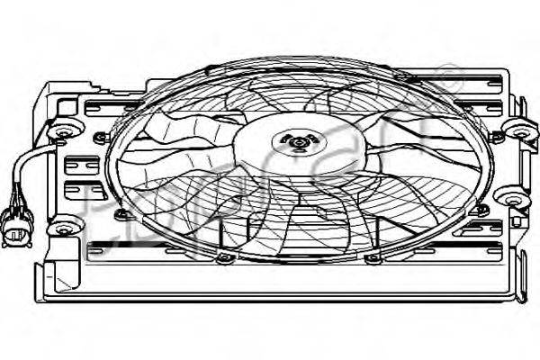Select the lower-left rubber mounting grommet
click(x=65, y=227)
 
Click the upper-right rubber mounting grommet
click(x=520, y=130)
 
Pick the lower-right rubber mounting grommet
click(x=511, y=198)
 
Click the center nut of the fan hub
click(x=298, y=140)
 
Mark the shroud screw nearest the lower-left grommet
click(x=119, y=213)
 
